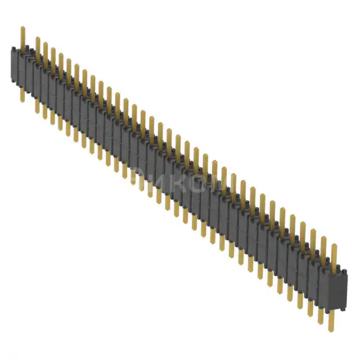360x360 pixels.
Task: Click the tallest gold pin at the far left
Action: [22, 37]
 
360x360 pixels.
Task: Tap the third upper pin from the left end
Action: [46, 51]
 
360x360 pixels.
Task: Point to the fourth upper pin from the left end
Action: [53, 55]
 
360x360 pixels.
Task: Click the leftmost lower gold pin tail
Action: [22, 94]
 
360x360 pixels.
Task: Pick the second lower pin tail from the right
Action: [320, 315]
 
